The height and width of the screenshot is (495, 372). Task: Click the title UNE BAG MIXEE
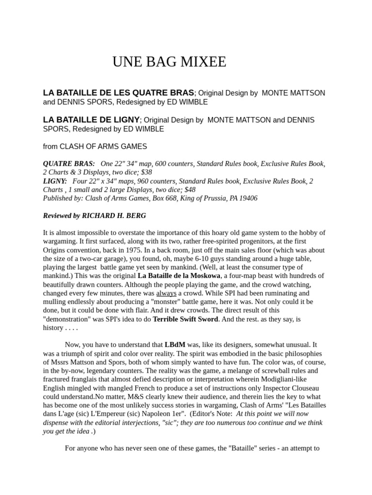(x=169, y=62)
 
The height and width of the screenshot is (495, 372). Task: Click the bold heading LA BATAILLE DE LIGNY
(x=91, y=120)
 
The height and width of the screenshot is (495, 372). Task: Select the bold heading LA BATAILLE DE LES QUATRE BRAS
(x=119, y=93)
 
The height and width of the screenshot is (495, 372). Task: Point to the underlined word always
(x=166, y=293)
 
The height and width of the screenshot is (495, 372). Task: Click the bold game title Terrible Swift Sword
(x=186, y=319)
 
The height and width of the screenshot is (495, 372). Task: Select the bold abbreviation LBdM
(x=175, y=345)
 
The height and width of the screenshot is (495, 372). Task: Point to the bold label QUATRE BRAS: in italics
(x=69, y=163)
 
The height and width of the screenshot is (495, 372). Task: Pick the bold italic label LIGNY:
(x=55, y=181)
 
